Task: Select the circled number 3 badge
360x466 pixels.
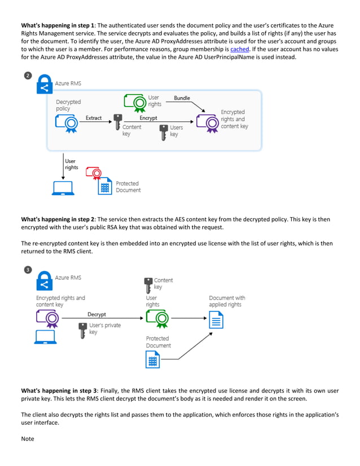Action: coord(28,270)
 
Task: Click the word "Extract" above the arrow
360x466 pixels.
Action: coord(94,118)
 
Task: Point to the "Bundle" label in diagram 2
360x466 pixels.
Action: coord(182,98)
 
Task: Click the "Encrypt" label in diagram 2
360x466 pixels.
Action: coord(148,118)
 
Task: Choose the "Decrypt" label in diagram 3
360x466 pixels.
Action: coord(96,314)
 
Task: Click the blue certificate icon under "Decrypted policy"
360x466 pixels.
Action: coord(65,123)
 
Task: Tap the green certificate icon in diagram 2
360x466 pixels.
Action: coord(135,102)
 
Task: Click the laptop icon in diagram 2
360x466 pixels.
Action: coord(63,188)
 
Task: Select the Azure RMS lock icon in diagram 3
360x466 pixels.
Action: coord(44,280)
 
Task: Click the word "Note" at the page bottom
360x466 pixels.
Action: coord(27,438)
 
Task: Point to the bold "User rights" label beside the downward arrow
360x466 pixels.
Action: coord(72,164)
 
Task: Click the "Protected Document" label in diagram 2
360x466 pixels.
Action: coord(128,187)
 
